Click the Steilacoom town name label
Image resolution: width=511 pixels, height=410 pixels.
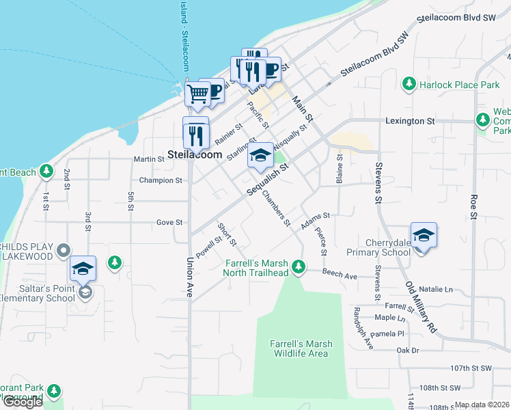pyautogui.click(x=195, y=155)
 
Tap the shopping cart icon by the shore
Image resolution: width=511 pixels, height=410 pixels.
pyautogui.click(x=197, y=93)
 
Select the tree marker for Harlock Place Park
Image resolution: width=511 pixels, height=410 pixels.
pyautogui.click(x=409, y=84)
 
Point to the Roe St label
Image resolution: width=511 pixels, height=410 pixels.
pyautogui.click(x=473, y=207)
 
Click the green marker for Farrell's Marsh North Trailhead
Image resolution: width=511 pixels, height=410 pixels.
pyautogui.click(x=298, y=267)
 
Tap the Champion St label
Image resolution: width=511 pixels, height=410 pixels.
pyautogui.click(x=161, y=181)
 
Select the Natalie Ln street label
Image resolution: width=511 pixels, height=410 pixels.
pyautogui.click(x=439, y=290)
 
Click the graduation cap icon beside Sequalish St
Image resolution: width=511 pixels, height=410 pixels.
pyautogui.click(x=260, y=155)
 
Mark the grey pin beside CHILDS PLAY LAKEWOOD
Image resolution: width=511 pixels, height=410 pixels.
pyautogui.click(x=64, y=250)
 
